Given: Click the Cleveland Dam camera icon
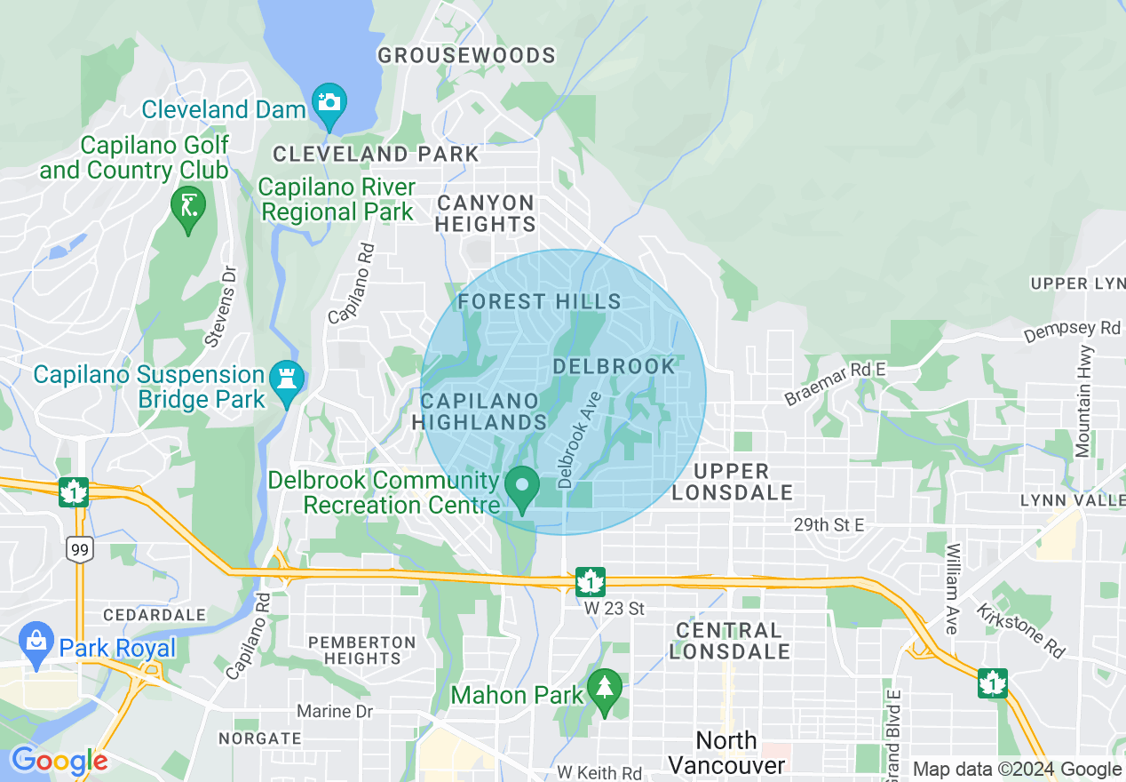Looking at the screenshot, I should (329, 101).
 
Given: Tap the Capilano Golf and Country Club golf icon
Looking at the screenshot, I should (187, 207).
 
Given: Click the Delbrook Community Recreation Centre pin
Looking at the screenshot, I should (522, 488).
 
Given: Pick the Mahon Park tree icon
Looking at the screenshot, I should (605, 689).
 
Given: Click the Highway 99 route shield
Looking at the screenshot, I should (79, 550).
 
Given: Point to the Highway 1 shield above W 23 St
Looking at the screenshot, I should (590, 582).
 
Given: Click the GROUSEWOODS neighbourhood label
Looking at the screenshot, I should (466, 56).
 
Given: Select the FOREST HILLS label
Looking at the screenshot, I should (539, 302).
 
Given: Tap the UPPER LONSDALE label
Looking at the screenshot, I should (731, 482).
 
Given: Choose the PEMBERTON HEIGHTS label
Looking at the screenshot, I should (361, 650).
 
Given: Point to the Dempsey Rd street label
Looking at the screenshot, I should (1072, 331).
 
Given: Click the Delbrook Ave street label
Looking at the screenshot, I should (580, 440).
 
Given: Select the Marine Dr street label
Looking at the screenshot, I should (335, 712).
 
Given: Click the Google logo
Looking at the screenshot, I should (59, 762).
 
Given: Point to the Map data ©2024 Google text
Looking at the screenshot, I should (1017, 770).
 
